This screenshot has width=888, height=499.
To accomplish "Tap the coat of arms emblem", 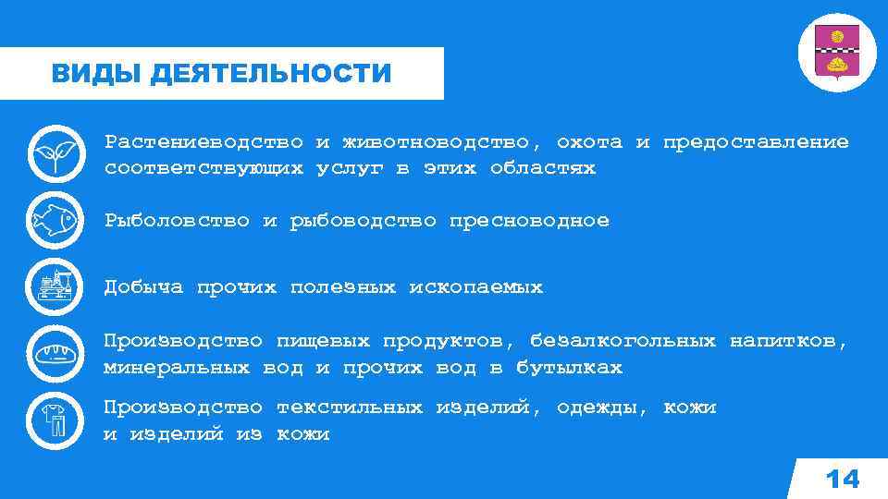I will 836,52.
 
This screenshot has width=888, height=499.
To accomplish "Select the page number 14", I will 841,479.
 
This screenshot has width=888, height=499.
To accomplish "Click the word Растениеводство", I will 203,142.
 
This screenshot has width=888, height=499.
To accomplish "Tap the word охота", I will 589,142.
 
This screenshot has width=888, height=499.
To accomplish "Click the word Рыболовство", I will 177,221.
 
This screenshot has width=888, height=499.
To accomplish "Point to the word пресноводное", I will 529,221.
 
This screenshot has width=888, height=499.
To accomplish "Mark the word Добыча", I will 143,287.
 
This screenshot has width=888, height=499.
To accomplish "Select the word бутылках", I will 569,368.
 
